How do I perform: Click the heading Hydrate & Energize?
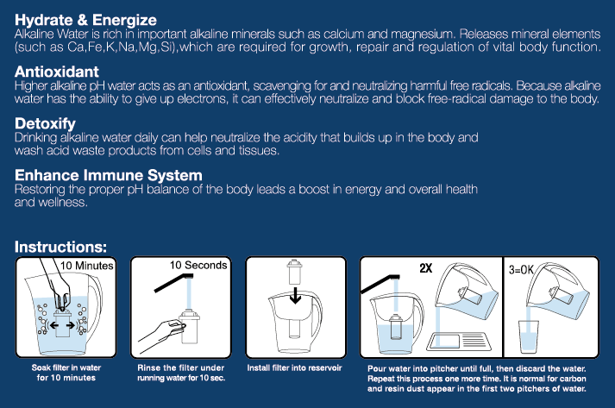point(85,20)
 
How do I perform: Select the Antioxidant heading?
point(56,72)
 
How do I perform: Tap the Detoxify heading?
point(45,123)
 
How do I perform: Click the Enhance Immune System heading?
point(109,175)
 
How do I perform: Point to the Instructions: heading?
point(60,247)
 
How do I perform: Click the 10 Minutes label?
point(86,266)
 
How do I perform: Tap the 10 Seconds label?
point(198,265)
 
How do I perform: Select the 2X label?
point(425,268)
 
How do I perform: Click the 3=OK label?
point(521,269)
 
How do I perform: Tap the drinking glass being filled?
point(529,336)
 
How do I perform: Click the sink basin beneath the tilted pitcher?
point(459,342)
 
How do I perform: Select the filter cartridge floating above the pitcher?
point(294,272)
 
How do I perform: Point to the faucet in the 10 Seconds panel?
point(173,282)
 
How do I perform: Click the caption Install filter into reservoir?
point(294,368)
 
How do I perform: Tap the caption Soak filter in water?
point(66,367)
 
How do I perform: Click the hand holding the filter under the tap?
point(161,335)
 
